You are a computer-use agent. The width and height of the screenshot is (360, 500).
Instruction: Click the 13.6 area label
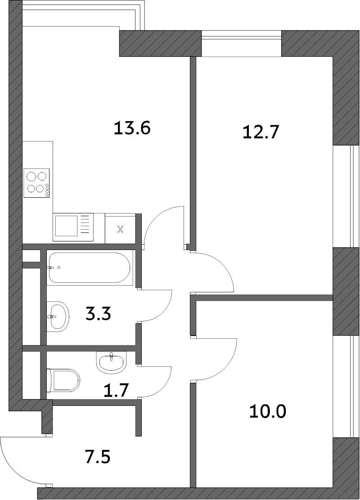132,128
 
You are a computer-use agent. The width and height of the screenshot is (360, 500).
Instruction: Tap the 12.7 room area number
261,132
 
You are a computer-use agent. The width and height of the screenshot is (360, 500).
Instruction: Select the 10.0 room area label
268,411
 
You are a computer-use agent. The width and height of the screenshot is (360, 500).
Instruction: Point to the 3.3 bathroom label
98,314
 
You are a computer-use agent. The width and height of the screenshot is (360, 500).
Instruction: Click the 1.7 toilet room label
116,390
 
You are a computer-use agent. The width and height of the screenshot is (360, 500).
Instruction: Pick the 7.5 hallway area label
98,457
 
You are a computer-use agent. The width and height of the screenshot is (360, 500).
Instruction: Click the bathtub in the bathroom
89,268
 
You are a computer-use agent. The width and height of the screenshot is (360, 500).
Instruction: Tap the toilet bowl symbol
63,381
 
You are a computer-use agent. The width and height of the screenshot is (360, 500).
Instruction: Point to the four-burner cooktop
36,183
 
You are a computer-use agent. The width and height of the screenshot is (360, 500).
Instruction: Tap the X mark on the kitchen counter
120,229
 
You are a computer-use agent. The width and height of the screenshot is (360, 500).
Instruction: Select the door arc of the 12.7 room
223,265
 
